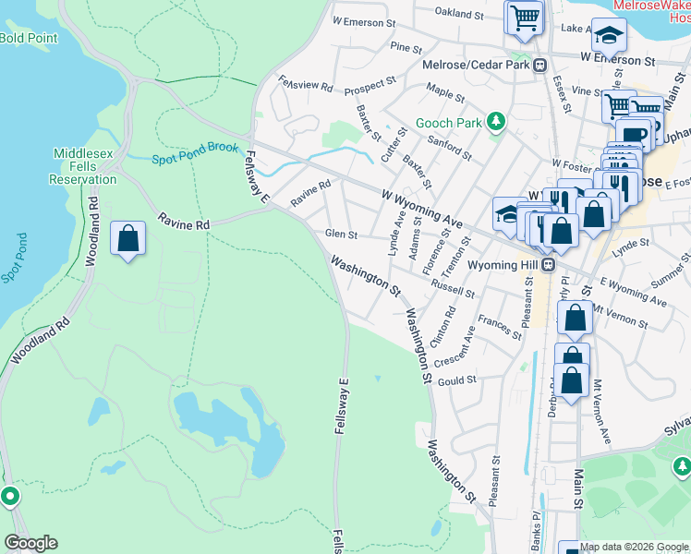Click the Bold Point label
(x=29, y=38)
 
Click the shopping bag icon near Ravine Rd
(x=128, y=239)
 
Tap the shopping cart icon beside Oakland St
(x=525, y=18)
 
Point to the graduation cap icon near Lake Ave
(x=608, y=36)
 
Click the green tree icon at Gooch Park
(x=497, y=121)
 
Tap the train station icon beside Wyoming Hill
(x=548, y=264)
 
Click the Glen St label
(x=341, y=235)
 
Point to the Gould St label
(x=457, y=379)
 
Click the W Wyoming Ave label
(x=421, y=208)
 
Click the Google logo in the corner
(x=30, y=542)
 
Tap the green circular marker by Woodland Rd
(x=10, y=497)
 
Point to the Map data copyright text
(x=634, y=547)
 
